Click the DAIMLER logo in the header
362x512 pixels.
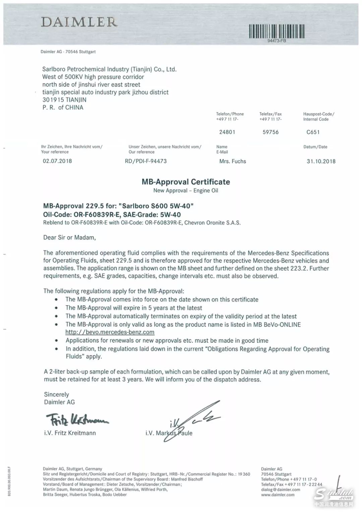click(79, 22)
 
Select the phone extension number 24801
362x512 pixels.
click(227, 132)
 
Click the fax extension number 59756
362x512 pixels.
click(270, 132)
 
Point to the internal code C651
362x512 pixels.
click(313, 132)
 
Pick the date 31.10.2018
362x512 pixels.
click(321, 161)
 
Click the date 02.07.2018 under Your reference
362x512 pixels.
click(57, 161)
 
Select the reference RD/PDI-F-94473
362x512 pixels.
click(145, 161)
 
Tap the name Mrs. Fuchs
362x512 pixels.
click(233, 161)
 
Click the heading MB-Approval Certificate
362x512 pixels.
click(186, 182)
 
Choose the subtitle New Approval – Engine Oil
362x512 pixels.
click(186, 191)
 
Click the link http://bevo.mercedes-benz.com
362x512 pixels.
click(110, 332)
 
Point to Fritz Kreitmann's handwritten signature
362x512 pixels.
click(77, 419)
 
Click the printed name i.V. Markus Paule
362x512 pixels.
click(169, 433)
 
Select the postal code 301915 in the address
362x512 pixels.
click(53, 100)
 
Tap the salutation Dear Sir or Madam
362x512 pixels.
click(69, 238)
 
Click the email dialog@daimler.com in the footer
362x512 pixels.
click(281, 490)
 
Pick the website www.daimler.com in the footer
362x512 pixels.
click(278, 495)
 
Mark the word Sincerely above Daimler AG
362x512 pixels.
click(56, 394)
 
